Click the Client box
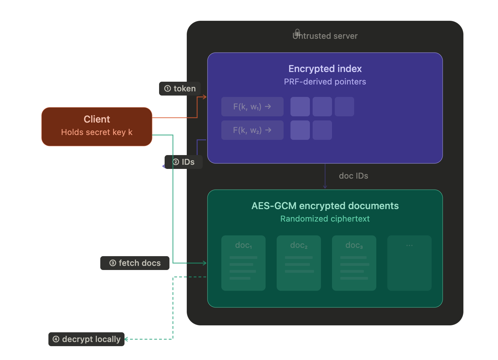tap(97, 126)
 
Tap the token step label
tap(180, 89)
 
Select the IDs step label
tap(184, 162)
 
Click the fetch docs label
tap(135, 263)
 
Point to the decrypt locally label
tap(86, 339)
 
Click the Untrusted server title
tap(325, 36)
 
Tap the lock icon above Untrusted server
tap(297, 32)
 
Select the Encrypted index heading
tap(325, 69)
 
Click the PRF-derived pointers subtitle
tap(325, 82)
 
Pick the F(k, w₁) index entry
tap(252, 107)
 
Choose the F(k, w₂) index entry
tap(252, 130)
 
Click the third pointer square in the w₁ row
tap(344, 107)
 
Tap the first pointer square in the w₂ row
tap(300, 130)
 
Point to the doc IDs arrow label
tap(353, 176)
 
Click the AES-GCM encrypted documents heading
tap(325, 206)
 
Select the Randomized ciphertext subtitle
tap(325, 219)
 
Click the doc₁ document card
tap(243, 263)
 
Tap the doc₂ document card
tap(299, 263)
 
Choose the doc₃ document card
tap(354, 263)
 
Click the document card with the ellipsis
tap(409, 263)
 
